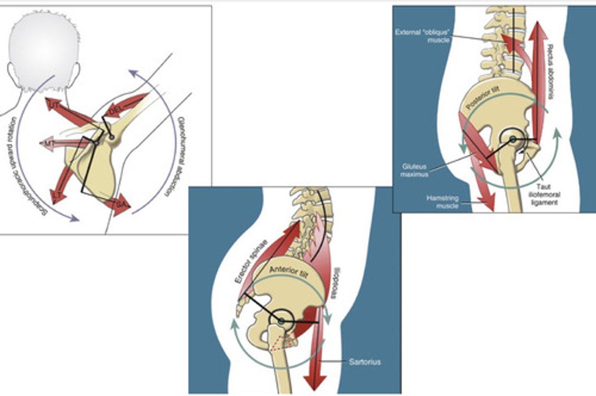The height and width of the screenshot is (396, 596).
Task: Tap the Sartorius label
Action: [365, 362]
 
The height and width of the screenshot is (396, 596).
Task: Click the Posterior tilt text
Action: [483, 99]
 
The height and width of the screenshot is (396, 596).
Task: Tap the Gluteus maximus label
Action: [415, 170]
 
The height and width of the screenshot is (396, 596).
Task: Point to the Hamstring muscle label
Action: [442, 202]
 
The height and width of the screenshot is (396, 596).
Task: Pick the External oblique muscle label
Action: [422, 36]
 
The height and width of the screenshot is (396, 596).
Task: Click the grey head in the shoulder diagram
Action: [44, 47]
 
